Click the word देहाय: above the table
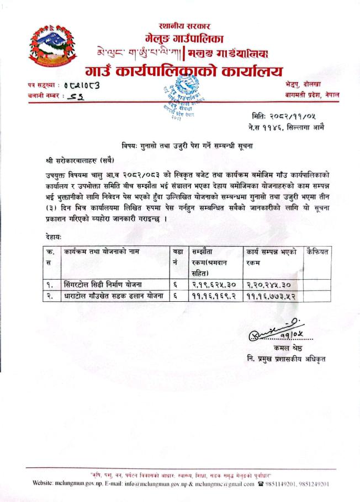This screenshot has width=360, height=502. click(x=54, y=236)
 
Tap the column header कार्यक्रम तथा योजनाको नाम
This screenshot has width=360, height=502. click(x=102, y=252)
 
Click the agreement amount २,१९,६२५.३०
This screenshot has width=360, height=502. click(x=213, y=285)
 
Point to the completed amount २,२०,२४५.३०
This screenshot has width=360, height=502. click(x=269, y=285)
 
